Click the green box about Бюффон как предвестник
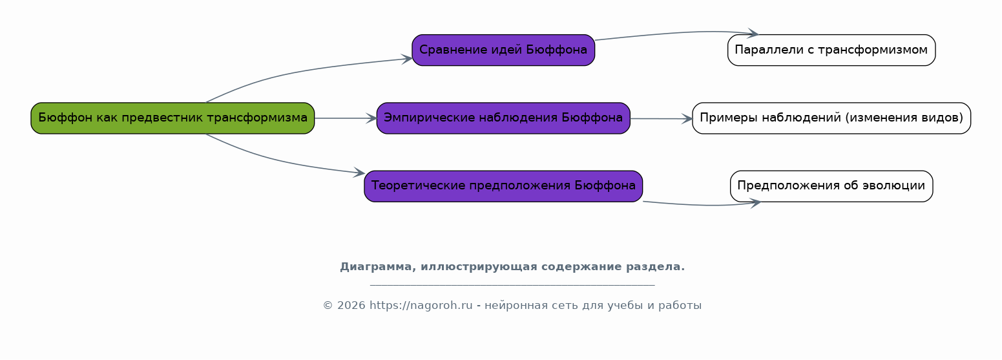(x=172, y=118)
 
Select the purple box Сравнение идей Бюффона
(x=503, y=50)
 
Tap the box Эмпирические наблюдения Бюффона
(x=503, y=118)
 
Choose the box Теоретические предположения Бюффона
(x=503, y=186)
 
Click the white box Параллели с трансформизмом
(x=831, y=50)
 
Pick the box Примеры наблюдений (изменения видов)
(x=831, y=118)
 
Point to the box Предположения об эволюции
(x=831, y=186)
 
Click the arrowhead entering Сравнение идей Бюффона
(x=407, y=59)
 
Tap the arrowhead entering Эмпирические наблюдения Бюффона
(x=371, y=118)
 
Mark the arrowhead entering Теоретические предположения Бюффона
(x=360, y=173)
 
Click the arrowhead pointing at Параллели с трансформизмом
(x=753, y=33)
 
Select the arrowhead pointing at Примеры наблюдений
(x=687, y=119)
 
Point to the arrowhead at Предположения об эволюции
(x=755, y=204)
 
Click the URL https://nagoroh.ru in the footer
(x=421, y=305)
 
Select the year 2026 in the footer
(x=351, y=305)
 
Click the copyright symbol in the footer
(x=328, y=305)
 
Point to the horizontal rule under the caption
(x=513, y=285)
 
